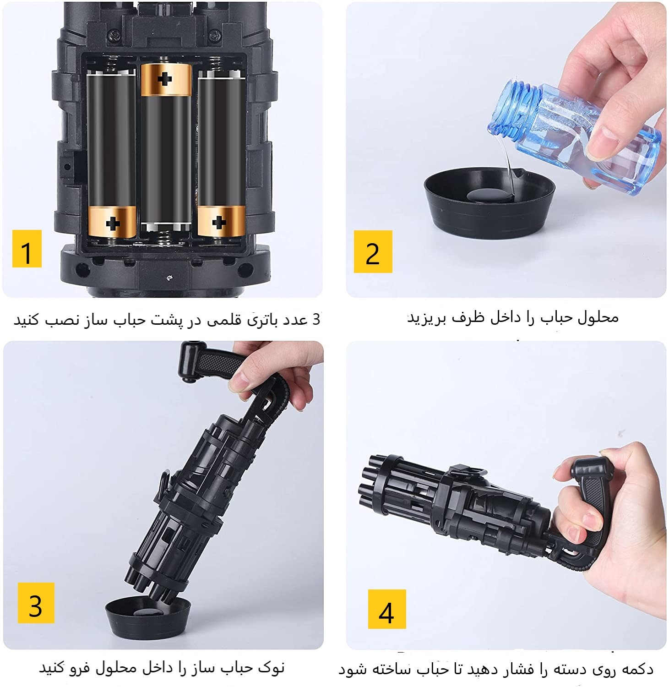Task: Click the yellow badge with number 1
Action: pyautogui.click(x=27, y=249)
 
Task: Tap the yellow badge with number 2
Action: pyautogui.click(x=373, y=251)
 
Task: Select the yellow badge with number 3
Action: pyautogui.click(x=36, y=603)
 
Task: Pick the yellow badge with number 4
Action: pyautogui.click(x=387, y=609)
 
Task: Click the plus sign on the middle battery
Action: pyautogui.click(x=165, y=79)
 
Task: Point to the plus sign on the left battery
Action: pyautogui.click(x=113, y=223)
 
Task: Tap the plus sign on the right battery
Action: pyautogui.click(x=219, y=222)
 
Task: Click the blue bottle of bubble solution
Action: pyautogui.click(x=582, y=133)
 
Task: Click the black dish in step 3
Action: pyautogui.click(x=147, y=616)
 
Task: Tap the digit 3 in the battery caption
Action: pyautogui.click(x=316, y=319)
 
